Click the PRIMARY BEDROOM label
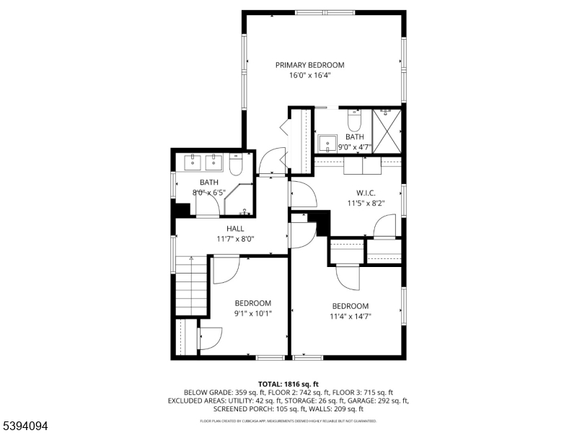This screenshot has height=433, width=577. pos(309,65)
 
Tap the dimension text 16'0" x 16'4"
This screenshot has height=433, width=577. pos(309,75)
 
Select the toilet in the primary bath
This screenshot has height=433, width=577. pos(354,118)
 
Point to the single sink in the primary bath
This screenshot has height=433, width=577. pos(326,143)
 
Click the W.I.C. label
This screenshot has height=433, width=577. pos(366,193)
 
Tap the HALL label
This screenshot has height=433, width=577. pos(235,229)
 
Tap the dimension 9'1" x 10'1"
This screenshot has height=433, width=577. pos(252,314)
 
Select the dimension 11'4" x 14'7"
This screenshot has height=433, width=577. pos(351,316)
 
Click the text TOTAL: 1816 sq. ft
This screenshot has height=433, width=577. pos(288,384)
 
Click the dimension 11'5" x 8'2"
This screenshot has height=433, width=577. pos(366,204)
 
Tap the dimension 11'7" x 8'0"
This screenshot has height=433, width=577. pos(235,239)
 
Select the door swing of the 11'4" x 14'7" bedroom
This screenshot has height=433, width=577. pos(348,277)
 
